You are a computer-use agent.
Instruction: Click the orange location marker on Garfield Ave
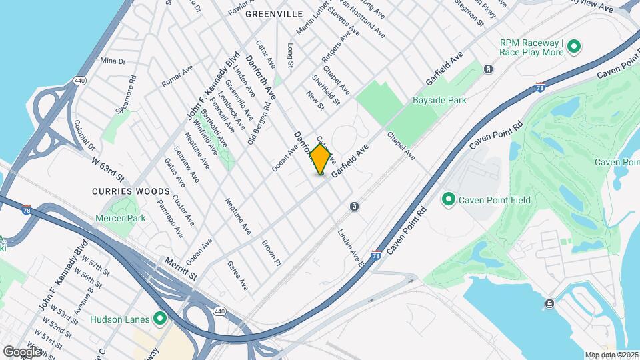321,159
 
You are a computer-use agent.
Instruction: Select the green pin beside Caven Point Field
449,199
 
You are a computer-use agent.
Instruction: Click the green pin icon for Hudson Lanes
159,319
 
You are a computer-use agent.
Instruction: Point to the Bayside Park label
439,100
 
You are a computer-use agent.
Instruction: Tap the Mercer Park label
120,218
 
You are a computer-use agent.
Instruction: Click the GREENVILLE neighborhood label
273,13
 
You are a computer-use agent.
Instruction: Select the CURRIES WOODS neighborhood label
126,191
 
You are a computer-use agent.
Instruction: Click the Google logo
22,351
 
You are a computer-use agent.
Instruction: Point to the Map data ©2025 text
612,355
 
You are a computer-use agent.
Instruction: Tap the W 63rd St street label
108,167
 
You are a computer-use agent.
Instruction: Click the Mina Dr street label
113,61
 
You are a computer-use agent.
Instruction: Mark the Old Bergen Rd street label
259,114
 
